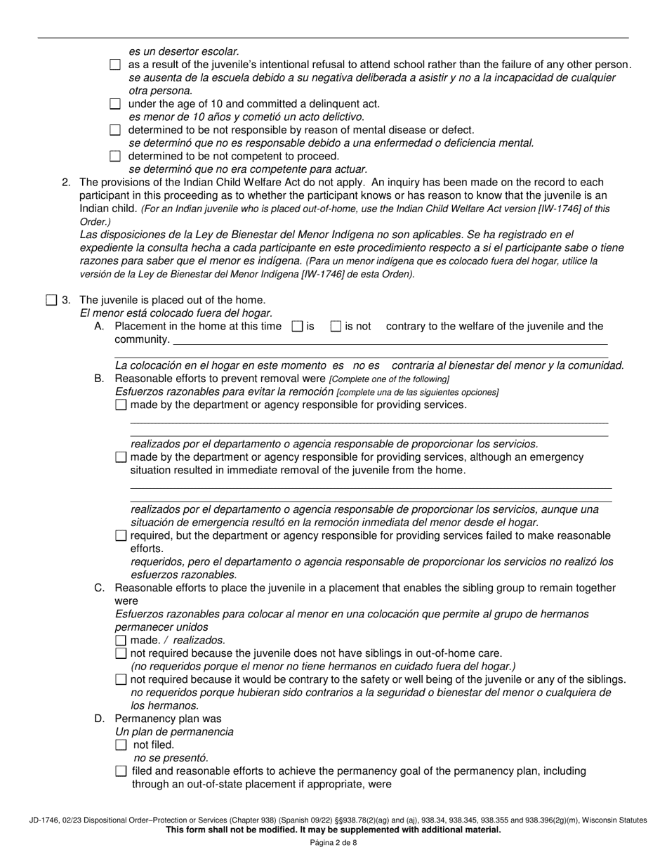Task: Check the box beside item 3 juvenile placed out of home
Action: click(x=51, y=301)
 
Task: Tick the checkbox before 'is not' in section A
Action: click(x=336, y=326)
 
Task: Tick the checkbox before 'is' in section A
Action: click(x=296, y=326)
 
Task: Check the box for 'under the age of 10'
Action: click(x=116, y=104)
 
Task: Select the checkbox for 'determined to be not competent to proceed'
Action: click(x=116, y=156)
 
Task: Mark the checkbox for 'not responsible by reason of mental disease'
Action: click(x=116, y=130)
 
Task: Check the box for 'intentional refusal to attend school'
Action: click(x=116, y=65)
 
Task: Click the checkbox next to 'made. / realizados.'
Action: click(x=121, y=640)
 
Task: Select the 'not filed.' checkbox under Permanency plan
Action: click(x=121, y=745)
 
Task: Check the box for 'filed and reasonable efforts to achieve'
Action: click(x=121, y=771)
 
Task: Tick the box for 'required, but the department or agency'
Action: click(x=121, y=536)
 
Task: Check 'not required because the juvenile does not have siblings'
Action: click(x=121, y=653)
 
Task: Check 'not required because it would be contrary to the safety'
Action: click(x=121, y=679)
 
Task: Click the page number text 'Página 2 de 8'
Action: click(x=333, y=843)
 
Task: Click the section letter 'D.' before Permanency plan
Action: click(x=100, y=719)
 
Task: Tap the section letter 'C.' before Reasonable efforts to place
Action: click(x=100, y=588)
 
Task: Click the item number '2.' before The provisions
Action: click(x=67, y=183)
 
